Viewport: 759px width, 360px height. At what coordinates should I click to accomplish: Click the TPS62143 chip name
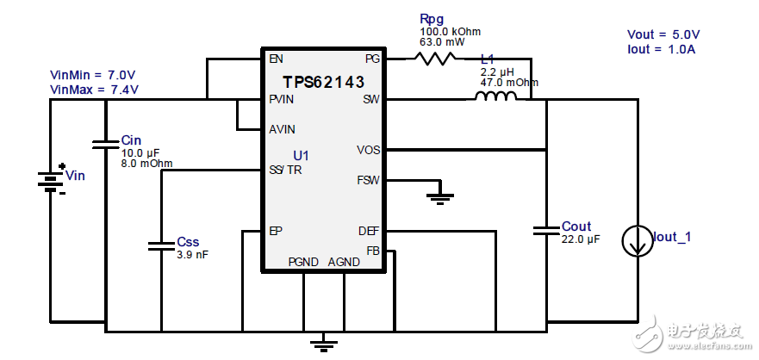point(323,82)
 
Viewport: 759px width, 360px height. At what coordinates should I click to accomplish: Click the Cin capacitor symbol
point(106,144)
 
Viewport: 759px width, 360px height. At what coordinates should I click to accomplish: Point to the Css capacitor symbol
point(161,245)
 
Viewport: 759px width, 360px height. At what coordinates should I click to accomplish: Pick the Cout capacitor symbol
point(546,230)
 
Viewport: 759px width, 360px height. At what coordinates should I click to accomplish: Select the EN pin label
point(276,59)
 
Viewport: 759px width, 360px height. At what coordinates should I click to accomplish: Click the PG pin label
point(371,59)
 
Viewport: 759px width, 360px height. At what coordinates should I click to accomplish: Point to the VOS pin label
point(368,150)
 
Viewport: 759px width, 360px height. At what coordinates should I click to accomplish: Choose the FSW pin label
point(368,181)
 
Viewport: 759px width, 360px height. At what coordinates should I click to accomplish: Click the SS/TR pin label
point(285,170)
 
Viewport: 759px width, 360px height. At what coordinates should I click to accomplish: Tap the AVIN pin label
point(282,130)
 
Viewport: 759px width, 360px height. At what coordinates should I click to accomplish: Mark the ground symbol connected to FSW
point(440,199)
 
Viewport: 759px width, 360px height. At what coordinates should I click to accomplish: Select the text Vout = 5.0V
point(663,34)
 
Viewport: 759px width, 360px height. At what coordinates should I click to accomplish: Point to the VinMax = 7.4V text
point(94,89)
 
